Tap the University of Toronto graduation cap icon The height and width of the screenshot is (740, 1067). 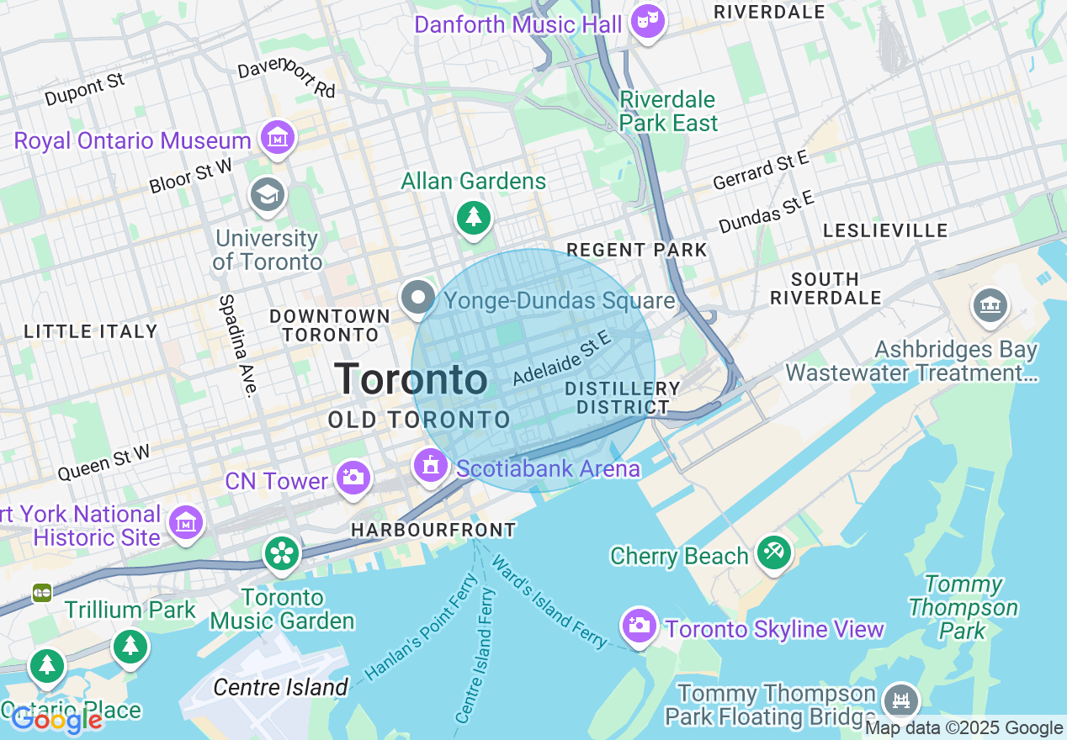[x=268, y=195]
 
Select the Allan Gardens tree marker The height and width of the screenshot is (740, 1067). [x=474, y=218]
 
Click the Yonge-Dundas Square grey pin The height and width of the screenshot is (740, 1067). [x=417, y=298]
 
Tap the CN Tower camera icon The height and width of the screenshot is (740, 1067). [x=353, y=478]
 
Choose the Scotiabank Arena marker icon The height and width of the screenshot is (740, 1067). [x=430, y=465]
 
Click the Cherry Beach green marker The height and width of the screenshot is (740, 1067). [x=772, y=552]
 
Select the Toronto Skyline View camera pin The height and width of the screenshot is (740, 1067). [x=640, y=626]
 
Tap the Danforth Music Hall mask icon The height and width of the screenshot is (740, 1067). [x=647, y=21]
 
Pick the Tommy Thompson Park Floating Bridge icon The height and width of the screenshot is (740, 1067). [x=900, y=700]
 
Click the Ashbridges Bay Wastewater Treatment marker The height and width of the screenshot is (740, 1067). [x=990, y=305]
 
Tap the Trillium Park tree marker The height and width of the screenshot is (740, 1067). [x=130, y=647]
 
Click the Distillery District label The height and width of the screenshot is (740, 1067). [x=623, y=398]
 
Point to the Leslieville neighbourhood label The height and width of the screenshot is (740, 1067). [x=885, y=230]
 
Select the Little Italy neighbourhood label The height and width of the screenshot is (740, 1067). [x=91, y=331]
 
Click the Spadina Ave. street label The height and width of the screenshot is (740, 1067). [x=236, y=346]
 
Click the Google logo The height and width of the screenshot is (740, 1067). [x=56, y=720]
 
